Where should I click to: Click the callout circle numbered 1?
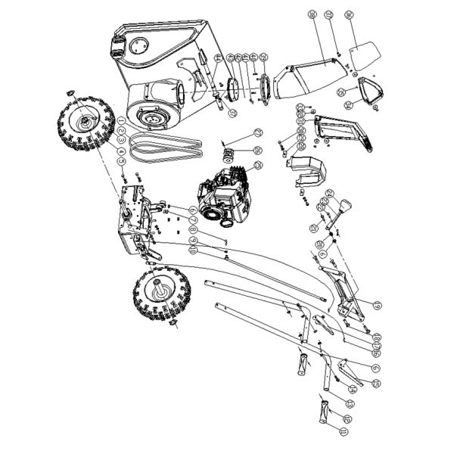[121, 121]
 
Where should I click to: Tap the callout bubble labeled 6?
[193, 210]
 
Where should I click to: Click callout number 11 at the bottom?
[344, 431]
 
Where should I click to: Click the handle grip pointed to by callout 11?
[323, 415]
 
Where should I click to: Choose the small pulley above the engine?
[227, 157]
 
